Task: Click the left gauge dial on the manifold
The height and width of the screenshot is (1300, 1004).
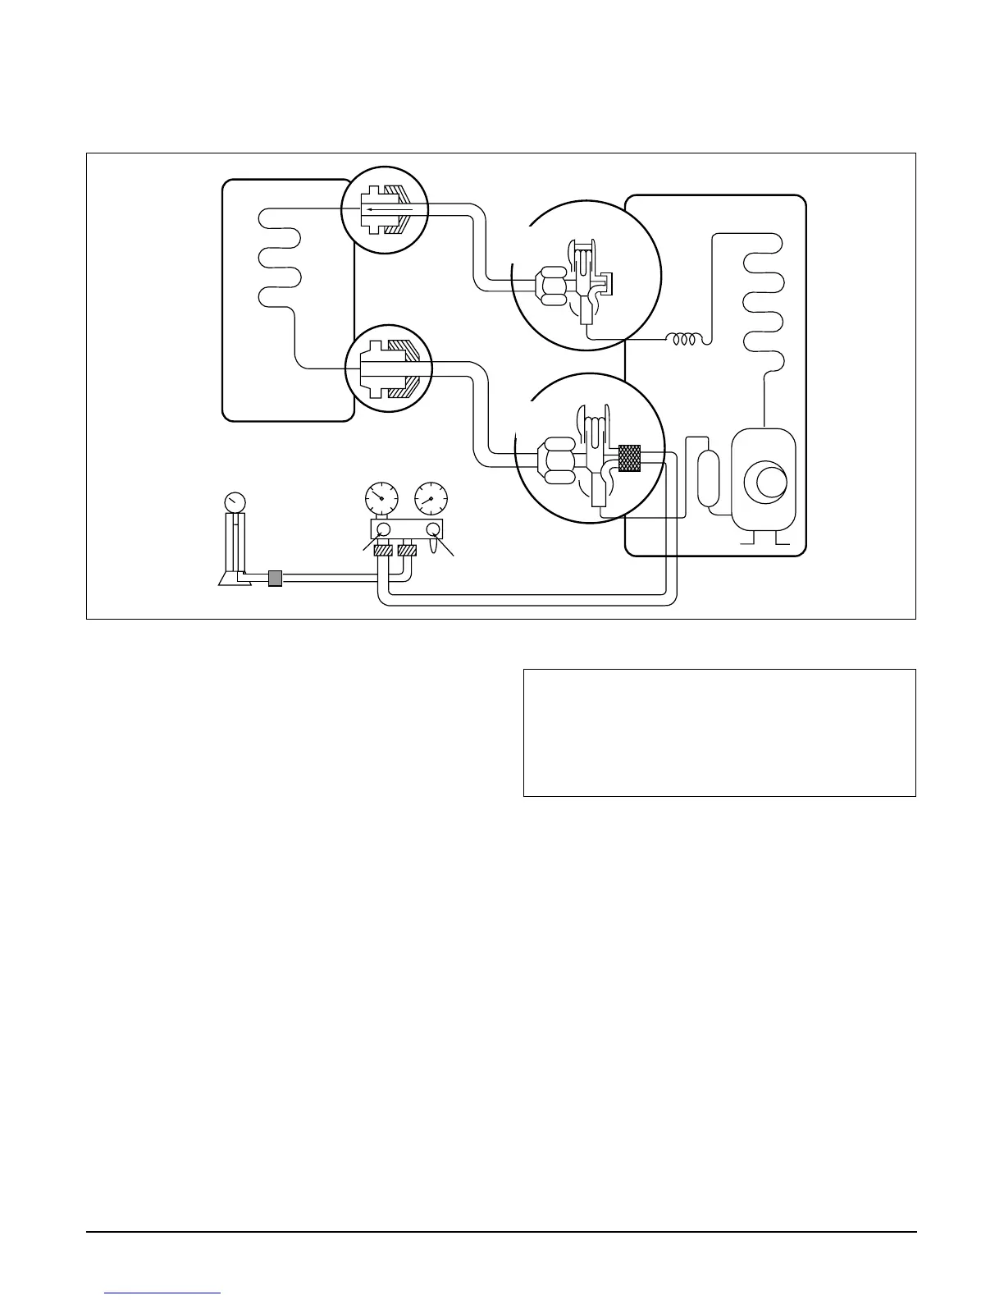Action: click(x=380, y=497)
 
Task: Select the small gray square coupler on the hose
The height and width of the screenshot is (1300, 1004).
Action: click(x=275, y=579)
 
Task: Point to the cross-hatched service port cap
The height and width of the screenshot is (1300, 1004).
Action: click(x=629, y=456)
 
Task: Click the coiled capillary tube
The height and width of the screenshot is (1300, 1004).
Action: click(x=684, y=339)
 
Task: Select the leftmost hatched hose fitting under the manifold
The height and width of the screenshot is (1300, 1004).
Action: click(x=382, y=551)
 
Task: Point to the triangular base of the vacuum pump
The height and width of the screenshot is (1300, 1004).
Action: click(x=229, y=579)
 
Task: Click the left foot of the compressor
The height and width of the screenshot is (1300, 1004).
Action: click(x=747, y=540)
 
